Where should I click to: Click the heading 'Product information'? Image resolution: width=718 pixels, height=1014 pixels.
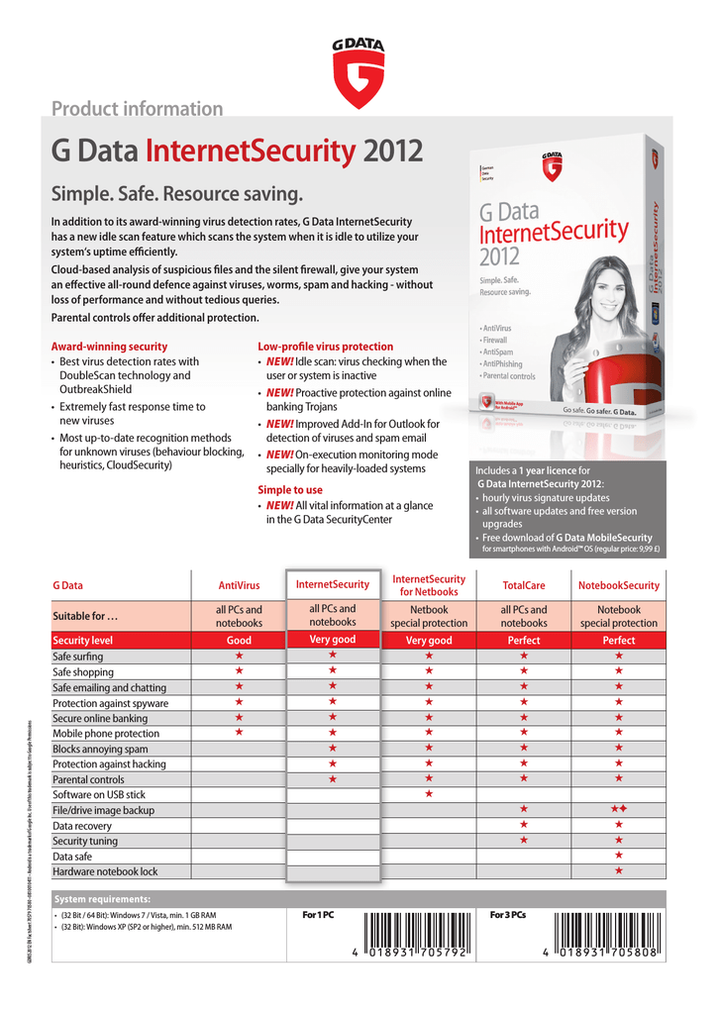click(137, 109)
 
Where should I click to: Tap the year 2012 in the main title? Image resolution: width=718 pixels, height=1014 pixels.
click(392, 152)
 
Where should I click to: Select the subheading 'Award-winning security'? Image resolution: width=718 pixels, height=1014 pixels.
click(109, 347)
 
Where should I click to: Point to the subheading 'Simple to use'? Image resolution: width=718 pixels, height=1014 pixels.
click(290, 490)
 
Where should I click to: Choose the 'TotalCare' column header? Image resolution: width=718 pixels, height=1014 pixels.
click(523, 586)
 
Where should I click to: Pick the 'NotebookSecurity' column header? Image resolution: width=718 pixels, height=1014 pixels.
click(619, 586)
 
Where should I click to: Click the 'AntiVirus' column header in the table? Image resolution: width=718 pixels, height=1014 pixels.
click(239, 586)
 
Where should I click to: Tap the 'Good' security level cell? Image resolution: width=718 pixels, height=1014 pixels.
click(239, 641)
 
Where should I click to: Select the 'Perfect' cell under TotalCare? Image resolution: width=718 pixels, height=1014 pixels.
click(523, 641)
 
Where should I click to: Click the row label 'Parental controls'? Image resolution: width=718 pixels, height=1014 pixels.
click(88, 779)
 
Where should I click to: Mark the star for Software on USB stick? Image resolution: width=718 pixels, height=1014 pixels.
click(429, 794)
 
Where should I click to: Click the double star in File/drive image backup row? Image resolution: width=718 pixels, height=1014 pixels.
click(619, 810)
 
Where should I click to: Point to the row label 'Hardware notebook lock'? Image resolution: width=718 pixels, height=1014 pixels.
click(105, 871)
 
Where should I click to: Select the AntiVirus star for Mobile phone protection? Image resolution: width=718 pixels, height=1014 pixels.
click(239, 733)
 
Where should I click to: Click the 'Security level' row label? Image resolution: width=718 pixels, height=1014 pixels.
click(82, 641)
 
